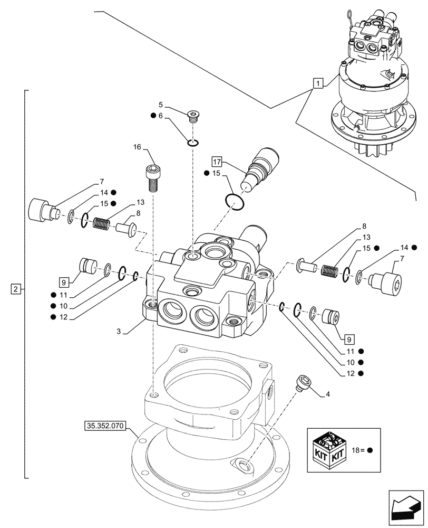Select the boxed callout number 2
coord(16,289)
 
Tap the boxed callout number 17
coord(217,161)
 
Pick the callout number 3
coord(119,331)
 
